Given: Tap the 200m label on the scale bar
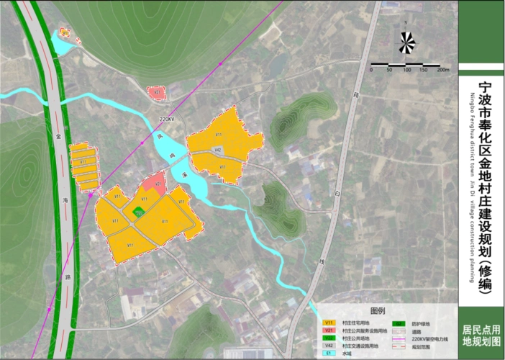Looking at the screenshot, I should (443, 70).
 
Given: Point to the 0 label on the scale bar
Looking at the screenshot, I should (371, 70).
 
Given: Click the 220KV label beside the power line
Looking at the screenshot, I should (167, 119).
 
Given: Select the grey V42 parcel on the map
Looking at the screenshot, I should (217, 150).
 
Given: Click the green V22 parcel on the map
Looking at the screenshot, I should (137, 211).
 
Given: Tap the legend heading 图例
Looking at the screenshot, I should (378, 310).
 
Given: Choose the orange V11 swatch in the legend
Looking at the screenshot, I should (330, 322).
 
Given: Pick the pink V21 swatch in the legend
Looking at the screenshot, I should (330, 330).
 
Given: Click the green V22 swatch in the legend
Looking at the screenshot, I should (330, 338).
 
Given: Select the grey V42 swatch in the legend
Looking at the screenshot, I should (330, 346).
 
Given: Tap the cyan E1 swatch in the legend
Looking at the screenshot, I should (330, 354).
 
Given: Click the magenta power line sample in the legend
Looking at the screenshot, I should (399, 338).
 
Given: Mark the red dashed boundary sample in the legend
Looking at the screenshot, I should (399, 346).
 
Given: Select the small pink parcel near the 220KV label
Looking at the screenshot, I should (156, 92).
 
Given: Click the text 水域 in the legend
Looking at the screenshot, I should (347, 354).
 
